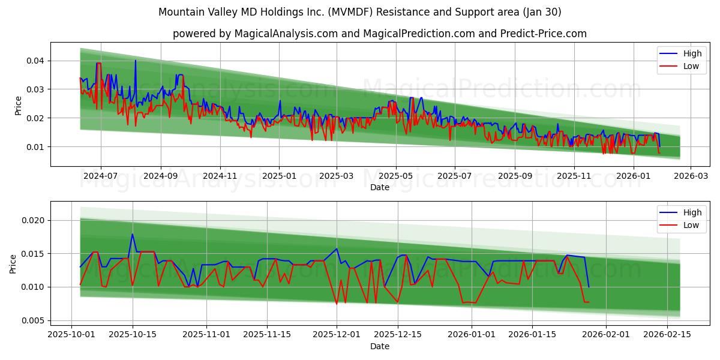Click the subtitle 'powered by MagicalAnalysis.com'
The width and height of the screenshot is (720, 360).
[379, 34]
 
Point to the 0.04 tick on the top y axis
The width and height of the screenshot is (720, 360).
[35, 61]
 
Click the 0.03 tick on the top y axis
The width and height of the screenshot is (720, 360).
[35, 89]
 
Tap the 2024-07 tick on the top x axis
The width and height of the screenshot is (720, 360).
[100, 176]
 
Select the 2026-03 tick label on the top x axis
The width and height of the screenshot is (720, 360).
[691, 176]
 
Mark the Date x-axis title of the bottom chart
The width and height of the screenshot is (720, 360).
[379, 346]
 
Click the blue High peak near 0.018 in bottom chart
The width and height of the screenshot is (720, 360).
[132, 234]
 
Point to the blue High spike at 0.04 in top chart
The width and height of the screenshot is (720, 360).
[135, 61]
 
